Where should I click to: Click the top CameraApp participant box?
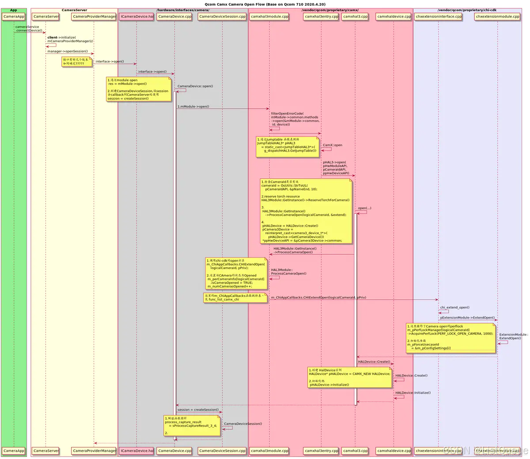[14, 17]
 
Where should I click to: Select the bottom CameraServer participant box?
[46, 451]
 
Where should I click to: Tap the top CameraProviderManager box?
[94, 17]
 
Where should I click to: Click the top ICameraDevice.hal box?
[136, 17]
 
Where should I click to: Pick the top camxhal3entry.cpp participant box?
[321, 17]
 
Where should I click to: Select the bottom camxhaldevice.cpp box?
[394, 451]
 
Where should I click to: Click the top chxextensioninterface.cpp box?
[438, 17]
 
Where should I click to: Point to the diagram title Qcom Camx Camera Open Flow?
[265, 4]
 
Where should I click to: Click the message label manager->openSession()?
[68, 51]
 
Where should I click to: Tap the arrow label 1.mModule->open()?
[193, 106]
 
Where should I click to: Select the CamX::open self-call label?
[332, 145]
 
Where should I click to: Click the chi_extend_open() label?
[454, 307]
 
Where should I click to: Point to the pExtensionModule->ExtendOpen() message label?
[467, 318]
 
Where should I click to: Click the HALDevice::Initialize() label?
[413, 393]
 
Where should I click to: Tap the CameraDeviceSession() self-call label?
[243, 424]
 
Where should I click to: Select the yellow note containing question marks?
[77, 61]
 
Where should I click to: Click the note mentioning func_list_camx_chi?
[235, 297]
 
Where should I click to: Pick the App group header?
[14, 10]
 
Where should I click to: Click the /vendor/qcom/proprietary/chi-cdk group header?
[467, 10]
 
